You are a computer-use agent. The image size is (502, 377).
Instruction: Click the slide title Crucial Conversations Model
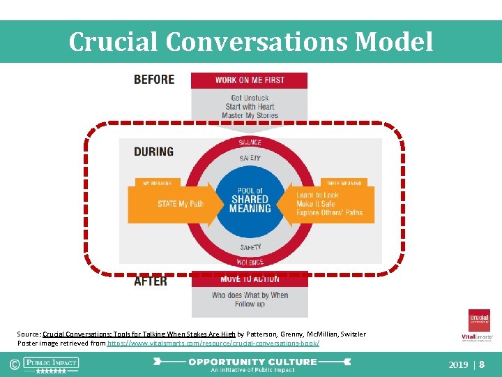tap(250, 42)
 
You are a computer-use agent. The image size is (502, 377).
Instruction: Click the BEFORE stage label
tap(154, 80)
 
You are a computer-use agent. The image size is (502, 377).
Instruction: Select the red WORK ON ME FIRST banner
tap(249, 80)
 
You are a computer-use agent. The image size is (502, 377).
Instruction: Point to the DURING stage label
tap(153, 151)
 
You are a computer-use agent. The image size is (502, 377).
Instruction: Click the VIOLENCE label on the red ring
tap(250, 263)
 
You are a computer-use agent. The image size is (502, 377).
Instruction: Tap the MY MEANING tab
tap(157, 183)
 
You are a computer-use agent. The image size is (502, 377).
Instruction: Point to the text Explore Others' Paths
tap(329, 213)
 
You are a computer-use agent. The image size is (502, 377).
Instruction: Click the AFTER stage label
tap(151, 281)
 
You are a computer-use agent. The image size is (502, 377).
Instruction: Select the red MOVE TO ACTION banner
tap(249, 279)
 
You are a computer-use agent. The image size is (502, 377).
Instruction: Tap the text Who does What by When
tap(250, 295)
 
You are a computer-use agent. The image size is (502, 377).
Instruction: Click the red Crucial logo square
tap(479, 320)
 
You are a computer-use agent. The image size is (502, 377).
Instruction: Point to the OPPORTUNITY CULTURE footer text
tap(252, 362)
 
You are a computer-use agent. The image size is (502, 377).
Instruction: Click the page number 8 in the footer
tap(482, 364)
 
